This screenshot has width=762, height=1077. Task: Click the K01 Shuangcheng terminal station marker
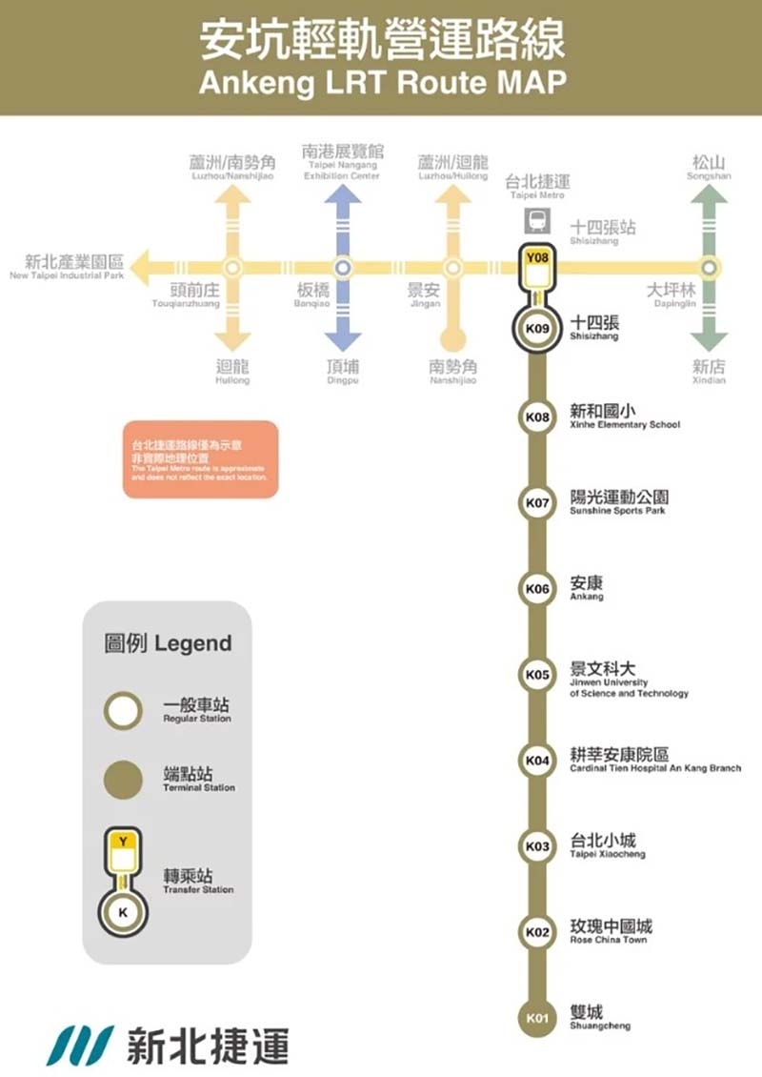(538, 1019)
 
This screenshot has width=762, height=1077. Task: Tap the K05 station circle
(538, 675)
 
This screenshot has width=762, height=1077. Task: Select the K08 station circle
(538, 417)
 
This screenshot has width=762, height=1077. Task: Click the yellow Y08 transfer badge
(538, 256)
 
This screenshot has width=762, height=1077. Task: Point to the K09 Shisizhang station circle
(538, 329)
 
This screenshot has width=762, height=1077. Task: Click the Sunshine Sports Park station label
(618, 502)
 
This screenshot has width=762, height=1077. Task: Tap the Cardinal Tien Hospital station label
(654, 760)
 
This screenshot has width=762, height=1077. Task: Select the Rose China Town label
(611, 931)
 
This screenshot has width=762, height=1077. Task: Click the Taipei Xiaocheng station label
(607, 845)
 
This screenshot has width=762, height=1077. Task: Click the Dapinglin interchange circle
(708, 268)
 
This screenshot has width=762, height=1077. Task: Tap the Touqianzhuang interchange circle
(232, 268)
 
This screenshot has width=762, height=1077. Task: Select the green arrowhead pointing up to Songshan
(708, 193)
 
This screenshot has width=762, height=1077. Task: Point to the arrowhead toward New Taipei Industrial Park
(142, 268)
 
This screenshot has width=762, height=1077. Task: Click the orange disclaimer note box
(201, 459)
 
